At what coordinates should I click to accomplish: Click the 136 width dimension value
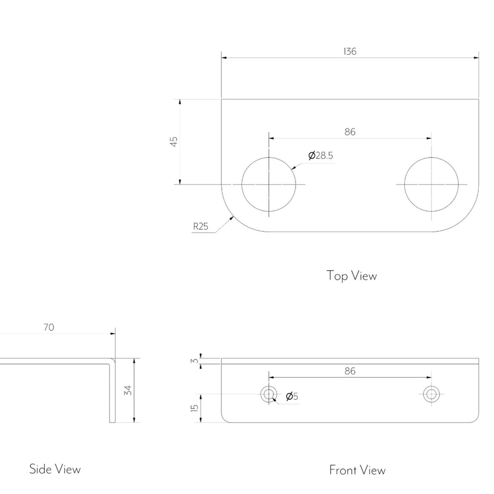coord(350,51)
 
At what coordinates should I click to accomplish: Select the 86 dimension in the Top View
coord(350,132)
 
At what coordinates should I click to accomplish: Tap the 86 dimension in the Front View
coord(350,371)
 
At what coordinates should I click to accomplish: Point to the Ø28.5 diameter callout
coord(320,156)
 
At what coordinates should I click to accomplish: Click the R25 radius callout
coord(201,226)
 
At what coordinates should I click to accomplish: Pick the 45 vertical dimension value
coord(174,142)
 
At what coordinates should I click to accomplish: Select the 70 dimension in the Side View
coord(49,328)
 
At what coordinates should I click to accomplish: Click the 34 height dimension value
coord(128,390)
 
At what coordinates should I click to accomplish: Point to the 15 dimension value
coord(194,408)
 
